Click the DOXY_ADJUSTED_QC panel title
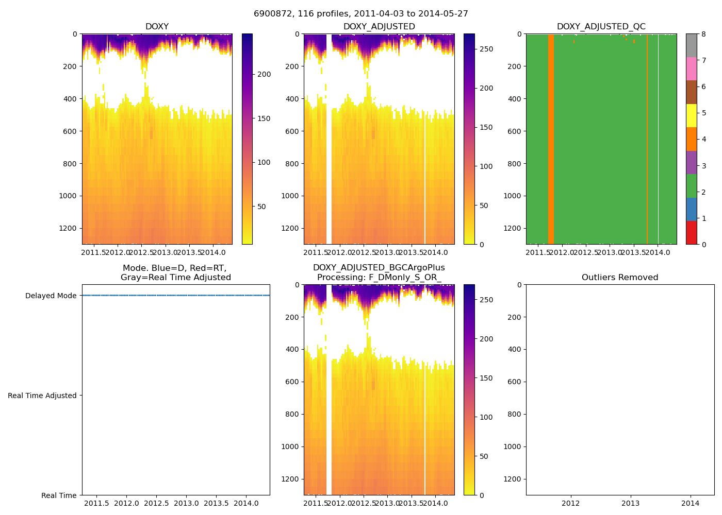click(x=601, y=27)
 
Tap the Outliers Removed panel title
click(x=620, y=278)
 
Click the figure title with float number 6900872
click(x=361, y=14)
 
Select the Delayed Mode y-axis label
click(x=51, y=296)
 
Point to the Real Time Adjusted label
click(x=42, y=396)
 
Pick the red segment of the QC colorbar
click(x=692, y=233)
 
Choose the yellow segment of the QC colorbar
click(x=692, y=115)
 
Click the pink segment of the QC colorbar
click(x=692, y=68)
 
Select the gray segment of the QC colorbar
click(x=692, y=45)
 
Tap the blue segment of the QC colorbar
click(x=692, y=209)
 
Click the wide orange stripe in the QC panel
click(x=551, y=139)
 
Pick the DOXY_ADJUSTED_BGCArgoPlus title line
click(x=379, y=268)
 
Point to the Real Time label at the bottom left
click(x=59, y=495)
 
